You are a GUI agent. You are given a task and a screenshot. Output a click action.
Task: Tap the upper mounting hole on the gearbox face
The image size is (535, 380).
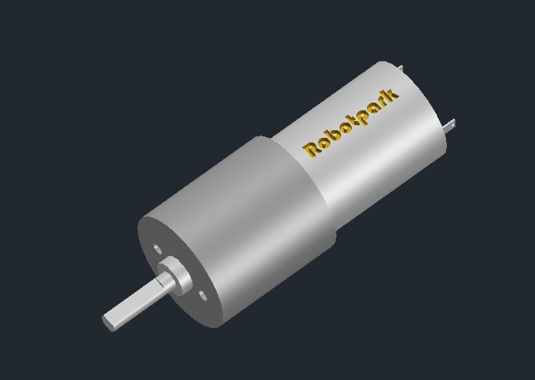pos(158,249)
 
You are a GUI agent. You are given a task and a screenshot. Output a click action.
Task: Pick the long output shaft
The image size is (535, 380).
pos(138,302)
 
